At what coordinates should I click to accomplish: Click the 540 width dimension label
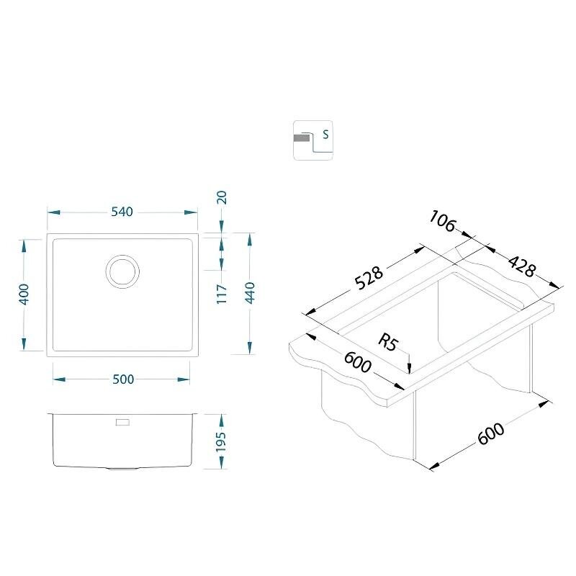(x=122, y=212)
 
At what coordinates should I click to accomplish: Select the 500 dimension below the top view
(x=123, y=379)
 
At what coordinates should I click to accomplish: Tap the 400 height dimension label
(x=24, y=294)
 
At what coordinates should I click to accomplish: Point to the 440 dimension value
(x=250, y=293)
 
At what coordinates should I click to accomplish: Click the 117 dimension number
(x=222, y=294)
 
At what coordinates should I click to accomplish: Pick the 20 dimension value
(x=222, y=197)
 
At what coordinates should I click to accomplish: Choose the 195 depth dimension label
(x=221, y=442)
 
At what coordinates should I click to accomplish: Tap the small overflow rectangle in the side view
(x=122, y=422)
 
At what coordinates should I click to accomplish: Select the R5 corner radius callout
(x=388, y=343)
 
